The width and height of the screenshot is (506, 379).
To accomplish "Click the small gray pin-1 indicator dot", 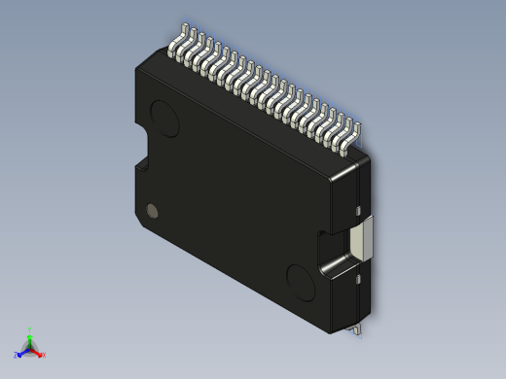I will (151, 210).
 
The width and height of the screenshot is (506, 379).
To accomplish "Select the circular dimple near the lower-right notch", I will (302, 281).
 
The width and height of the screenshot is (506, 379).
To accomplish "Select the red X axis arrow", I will (39, 353).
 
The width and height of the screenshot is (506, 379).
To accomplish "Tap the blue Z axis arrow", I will (21, 354).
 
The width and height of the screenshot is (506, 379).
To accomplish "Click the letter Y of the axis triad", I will (30, 329).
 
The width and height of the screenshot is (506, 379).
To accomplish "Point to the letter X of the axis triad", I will (44, 355).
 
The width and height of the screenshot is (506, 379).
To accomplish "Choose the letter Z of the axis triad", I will (17, 356).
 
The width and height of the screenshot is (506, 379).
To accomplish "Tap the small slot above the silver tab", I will (359, 209).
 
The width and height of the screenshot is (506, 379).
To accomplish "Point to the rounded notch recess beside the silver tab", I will (331, 252).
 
